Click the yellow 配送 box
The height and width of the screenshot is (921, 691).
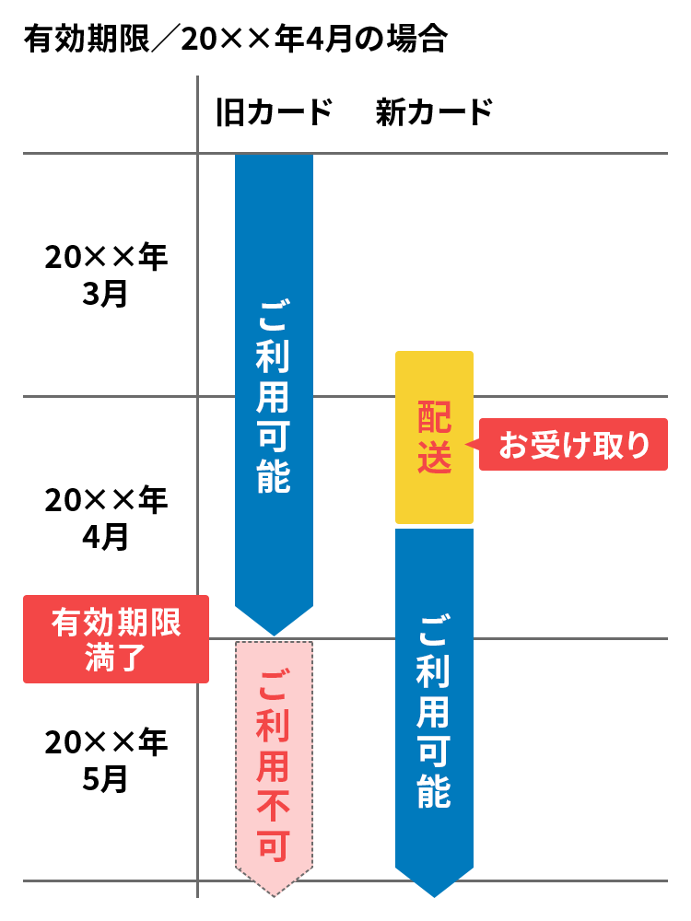point(434,437)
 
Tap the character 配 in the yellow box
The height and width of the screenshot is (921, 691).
point(434,417)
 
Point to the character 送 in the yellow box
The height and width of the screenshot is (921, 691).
point(434,458)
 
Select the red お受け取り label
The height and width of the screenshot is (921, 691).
point(573,445)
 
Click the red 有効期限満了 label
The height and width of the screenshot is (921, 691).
point(116,639)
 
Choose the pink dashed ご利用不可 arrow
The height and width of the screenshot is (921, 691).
point(274,764)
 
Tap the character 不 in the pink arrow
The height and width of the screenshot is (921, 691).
point(274,808)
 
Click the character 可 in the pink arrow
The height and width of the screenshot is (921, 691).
point(274,845)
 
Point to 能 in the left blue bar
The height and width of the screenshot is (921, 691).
point(274,476)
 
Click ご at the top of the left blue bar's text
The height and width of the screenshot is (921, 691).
point(274,317)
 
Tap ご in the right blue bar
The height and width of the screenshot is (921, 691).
point(434,632)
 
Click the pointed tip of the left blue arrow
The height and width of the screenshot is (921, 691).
point(274,634)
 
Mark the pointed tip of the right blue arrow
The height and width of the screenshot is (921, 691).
point(434,895)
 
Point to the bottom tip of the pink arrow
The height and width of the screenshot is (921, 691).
point(274,893)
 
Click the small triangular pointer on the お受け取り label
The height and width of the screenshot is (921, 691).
point(470,445)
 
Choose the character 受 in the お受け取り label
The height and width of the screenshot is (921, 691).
point(543,446)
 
